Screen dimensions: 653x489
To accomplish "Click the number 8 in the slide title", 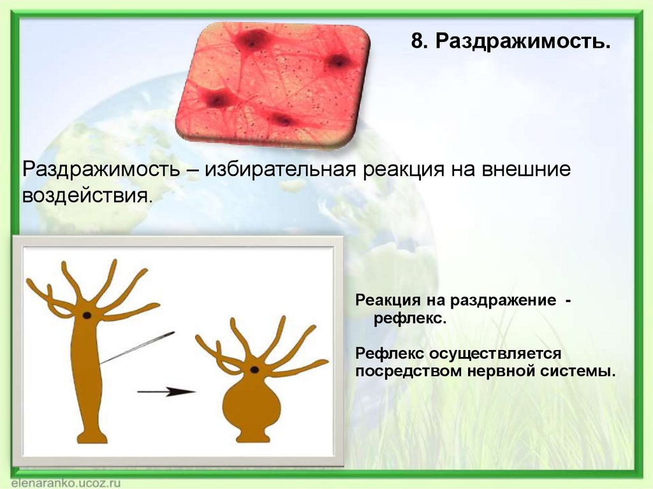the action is (x=417, y=41).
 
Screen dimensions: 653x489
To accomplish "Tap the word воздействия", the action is (x=85, y=196).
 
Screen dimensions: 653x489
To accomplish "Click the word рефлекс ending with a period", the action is (x=410, y=319).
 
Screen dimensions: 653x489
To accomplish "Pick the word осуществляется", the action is (x=495, y=354).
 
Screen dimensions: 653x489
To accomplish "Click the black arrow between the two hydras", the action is (x=166, y=391).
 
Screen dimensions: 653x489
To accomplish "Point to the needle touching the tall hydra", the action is (x=137, y=347).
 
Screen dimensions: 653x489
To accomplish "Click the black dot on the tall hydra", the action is (x=87, y=316).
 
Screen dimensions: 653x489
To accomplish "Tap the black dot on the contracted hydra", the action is (x=254, y=369).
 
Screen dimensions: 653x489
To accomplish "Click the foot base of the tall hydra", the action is (x=92, y=437).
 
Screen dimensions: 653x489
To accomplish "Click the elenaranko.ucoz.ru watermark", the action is (x=66, y=483).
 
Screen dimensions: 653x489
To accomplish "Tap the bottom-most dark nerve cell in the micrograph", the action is (x=282, y=120).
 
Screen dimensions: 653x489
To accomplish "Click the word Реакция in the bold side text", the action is (x=388, y=301).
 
